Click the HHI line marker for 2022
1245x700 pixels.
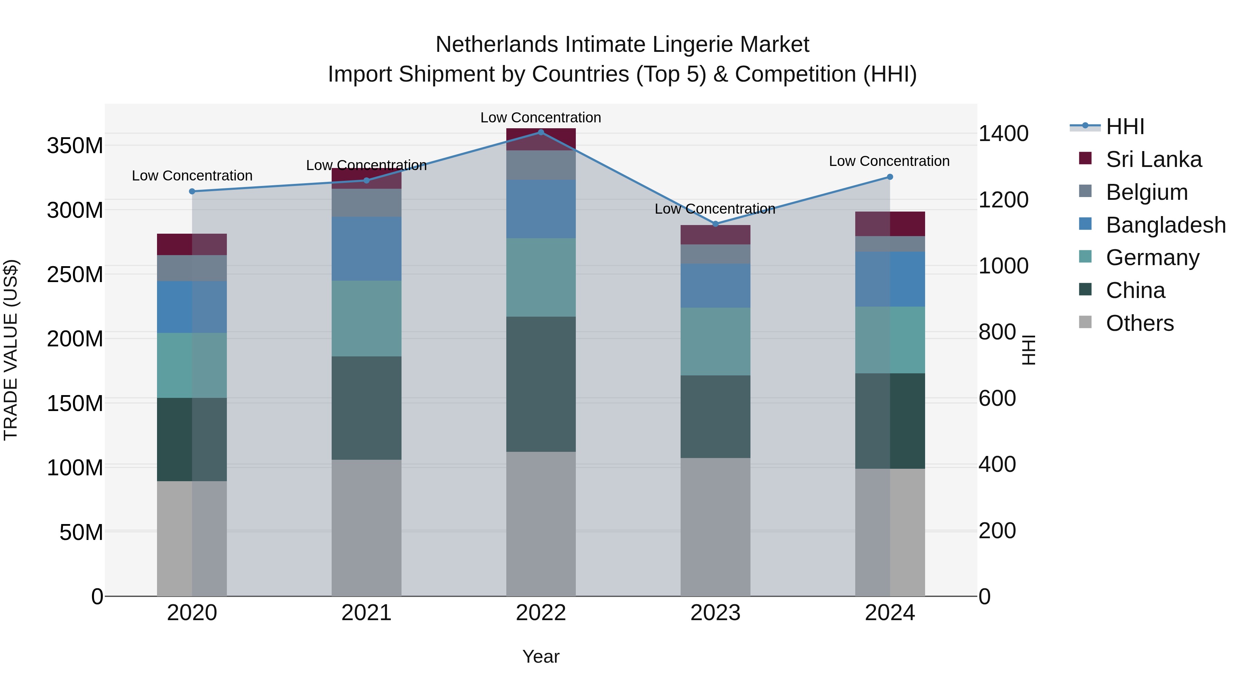pos(541,132)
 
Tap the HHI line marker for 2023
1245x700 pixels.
pos(716,224)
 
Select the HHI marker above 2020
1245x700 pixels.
pos(192,191)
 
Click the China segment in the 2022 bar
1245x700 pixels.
pos(541,384)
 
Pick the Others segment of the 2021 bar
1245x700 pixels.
pos(366,528)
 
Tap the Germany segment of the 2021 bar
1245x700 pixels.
pos(366,318)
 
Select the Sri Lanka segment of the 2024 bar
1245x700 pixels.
pos(890,224)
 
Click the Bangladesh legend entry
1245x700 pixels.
pos(1165,225)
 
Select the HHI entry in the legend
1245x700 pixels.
pos(1125,127)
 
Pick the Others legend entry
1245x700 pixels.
pos(1139,323)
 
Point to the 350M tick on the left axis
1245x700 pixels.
pos(75,146)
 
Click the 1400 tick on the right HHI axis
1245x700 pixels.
pos(1003,134)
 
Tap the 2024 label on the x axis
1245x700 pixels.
pos(890,613)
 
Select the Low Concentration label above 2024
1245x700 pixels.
pos(889,161)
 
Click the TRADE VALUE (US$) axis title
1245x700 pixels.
pos(11,350)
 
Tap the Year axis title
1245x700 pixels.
pos(541,656)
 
